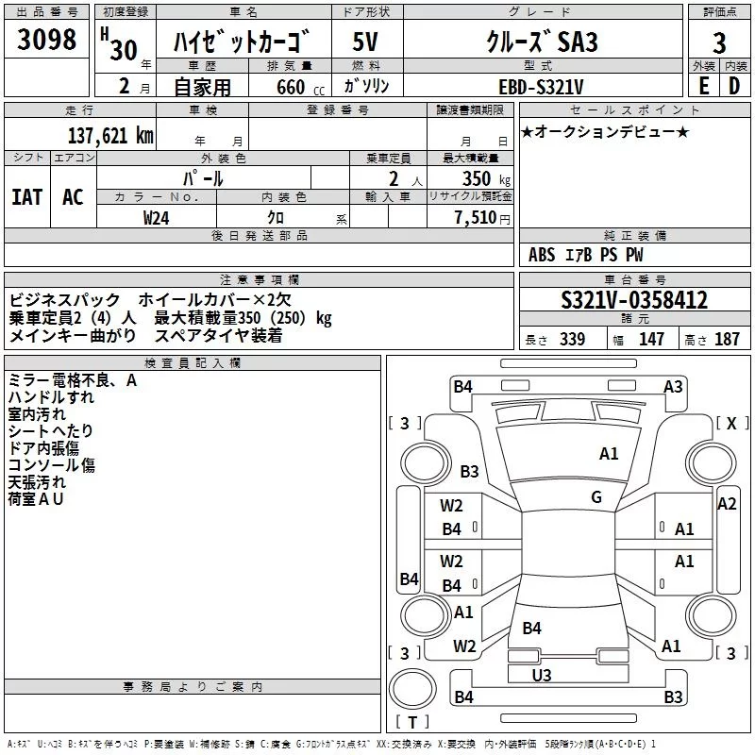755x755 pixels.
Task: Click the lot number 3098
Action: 47,41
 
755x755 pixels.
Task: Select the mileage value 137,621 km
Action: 109,135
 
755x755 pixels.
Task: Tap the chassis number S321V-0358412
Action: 634,300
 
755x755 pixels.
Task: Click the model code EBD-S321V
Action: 542,86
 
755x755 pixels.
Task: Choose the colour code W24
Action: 157,217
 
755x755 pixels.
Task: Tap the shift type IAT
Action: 27,197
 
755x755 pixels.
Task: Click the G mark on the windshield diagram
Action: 596,497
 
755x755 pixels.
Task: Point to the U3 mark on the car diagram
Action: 541,675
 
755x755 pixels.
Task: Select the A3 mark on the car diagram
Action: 673,386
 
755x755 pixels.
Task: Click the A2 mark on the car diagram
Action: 727,504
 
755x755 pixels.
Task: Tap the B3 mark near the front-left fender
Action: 470,471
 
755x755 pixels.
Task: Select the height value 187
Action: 727,340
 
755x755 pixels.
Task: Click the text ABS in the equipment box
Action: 542,255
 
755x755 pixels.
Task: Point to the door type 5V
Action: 366,42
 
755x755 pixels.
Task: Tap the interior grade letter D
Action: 734,86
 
